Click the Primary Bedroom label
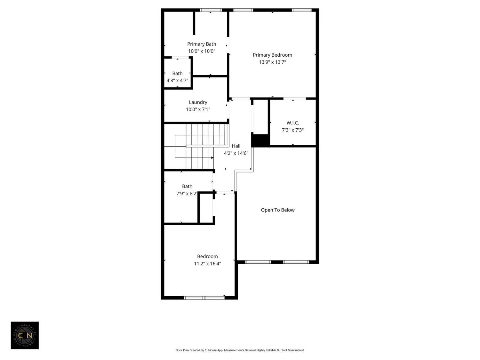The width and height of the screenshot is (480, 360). pyautogui.click(x=272, y=55)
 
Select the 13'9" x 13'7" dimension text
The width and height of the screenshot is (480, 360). pyautogui.click(x=272, y=62)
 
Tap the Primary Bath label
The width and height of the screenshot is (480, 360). pyautogui.click(x=202, y=44)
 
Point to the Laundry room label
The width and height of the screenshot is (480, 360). pyautogui.click(x=198, y=102)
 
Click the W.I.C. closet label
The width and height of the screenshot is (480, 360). pyautogui.click(x=292, y=123)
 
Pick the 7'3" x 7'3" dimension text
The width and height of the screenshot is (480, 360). pyautogui.click(x=292, y=130)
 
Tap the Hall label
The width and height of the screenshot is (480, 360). pyautogui.click(x=236, y=146)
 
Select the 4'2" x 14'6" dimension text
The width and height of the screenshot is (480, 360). pyautogui.click(x=236, y=153)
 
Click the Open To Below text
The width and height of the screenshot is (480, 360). pyautogui.click(x=278, y=210)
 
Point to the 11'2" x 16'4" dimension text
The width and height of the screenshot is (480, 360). pyautogui.click(x=207, y=264)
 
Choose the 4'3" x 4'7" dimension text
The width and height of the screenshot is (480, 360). pyautogui.click(x=177, y=80)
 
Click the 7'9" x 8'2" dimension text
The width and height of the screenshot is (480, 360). pyautogui.click(x=187, y=194)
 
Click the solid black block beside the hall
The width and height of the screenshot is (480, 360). pyautogui.click(x=260, y=140)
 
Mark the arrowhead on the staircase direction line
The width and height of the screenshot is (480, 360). pyautogui.click(x=212, y=157)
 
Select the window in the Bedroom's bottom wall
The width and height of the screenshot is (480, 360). pyautogui.click(x=204, y=298)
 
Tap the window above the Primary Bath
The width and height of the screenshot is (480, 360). pyautogui.click(x=211, y=10)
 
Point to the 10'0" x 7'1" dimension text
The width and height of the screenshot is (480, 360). pyautogui.click(x=198, y=109)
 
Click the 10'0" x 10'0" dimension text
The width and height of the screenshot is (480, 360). pyautogui.click(x=202, y=51)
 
